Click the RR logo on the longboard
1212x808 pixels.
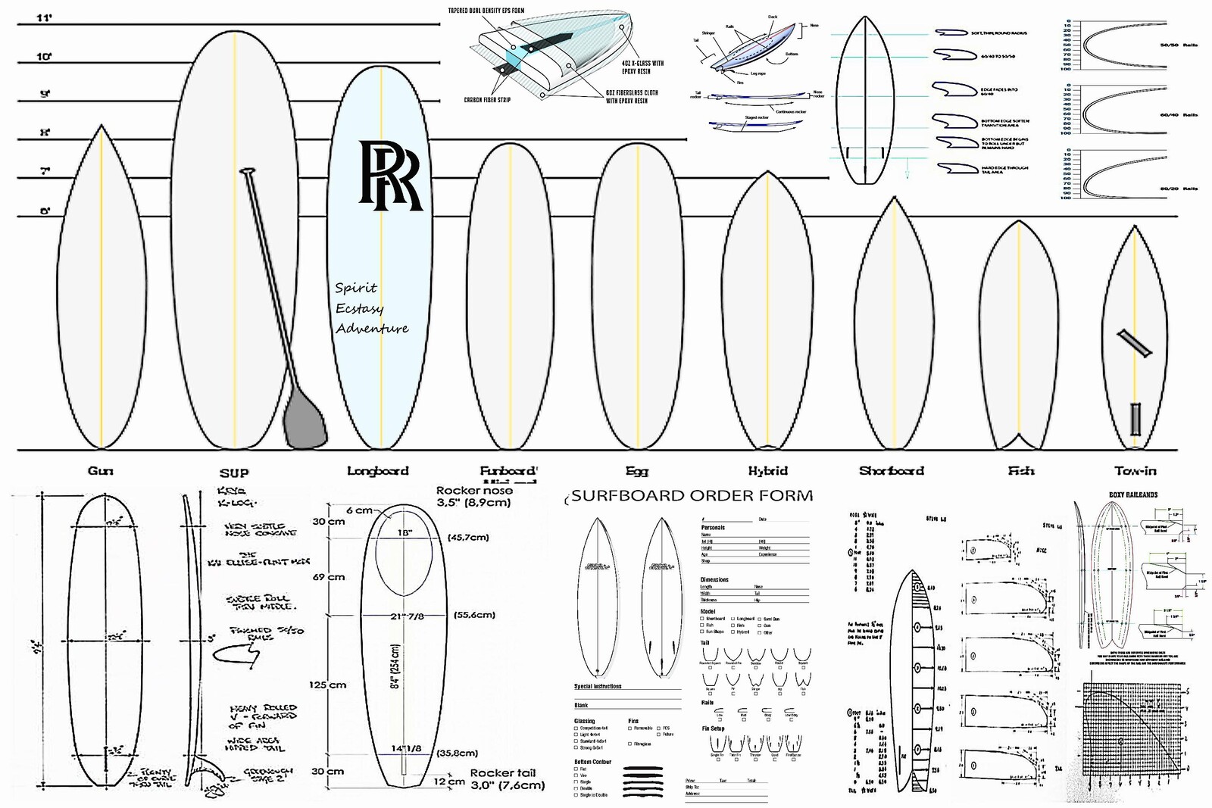(x=389, y=175)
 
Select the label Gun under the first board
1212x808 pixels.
(x=100, y=471)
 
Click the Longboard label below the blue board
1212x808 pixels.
(x=377, y=471)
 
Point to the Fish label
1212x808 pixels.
(x=1020, y=471)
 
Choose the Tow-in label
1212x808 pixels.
(x=1135, y=471)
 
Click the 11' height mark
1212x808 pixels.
(x=44, y=17)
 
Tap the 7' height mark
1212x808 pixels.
(x=45, y=172)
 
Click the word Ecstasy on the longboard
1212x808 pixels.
(x=359, y=308)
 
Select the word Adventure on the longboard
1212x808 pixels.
(x=372, y=328)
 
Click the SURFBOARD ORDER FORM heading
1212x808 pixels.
(x=692, y=496)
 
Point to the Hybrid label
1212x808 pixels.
(x=767, y=471)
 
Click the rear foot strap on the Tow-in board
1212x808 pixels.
(x=1135, y=419)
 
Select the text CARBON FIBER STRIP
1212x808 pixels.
(x=487, y=100)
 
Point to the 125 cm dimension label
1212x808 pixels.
(x=327, y=685)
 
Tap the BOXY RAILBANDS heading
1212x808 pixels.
(x=1133, y=494)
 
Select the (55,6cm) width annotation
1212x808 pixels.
(x=474, y=615)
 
